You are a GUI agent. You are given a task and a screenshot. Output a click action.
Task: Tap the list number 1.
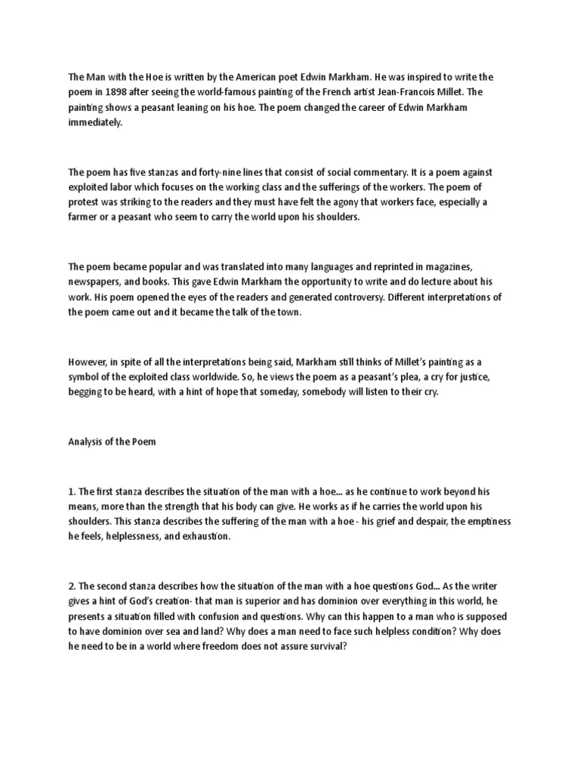click(x=72, y=491)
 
